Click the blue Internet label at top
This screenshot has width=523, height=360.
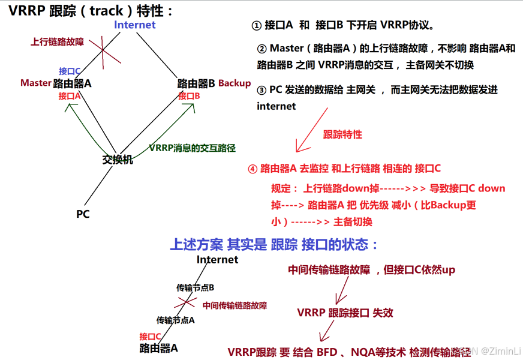click(x=135, y=25)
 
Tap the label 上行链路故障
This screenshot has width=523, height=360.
click(x=57, y=43)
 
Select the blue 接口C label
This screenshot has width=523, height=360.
click(x=70, y=71)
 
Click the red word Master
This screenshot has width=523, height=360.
click(x=35, y=83)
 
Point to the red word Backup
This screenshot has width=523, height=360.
click(x=235, y=83)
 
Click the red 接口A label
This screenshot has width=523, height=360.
click(x=70, y=95)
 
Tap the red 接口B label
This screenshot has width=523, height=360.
click(x=189, y=95)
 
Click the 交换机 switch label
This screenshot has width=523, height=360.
click(x=118, y=160)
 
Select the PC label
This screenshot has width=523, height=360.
click(x=83, y=214)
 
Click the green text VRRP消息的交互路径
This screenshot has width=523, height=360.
click(x=192, y=148)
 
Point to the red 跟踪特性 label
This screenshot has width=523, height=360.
click(x=342, y=134)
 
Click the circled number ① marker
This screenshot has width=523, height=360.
click(x=256, y=26)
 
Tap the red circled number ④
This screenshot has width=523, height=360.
click(x=253, y=169)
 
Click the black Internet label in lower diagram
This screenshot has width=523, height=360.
click(x=217, y=260)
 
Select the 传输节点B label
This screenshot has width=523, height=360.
click(x=195, y=288)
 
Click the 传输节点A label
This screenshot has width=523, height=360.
click(x=175, y=320)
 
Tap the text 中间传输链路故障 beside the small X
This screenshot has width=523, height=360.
click(x=235, y=305)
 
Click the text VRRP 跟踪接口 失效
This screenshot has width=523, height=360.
click(x=345, y=313)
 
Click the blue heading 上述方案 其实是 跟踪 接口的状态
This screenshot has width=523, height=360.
click(x=275, y=245)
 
